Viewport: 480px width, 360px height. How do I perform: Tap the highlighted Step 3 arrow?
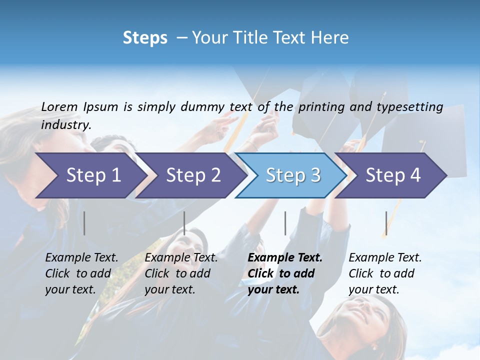pos(293,175)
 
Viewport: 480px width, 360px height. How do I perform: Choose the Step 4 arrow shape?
pos(393,175)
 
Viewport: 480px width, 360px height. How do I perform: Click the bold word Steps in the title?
pos(145,38)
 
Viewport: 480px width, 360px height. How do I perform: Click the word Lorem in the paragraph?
pos(59,106)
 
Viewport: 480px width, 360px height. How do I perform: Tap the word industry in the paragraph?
pos(65,124)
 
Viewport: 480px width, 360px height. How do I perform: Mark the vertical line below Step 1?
pos(84,223)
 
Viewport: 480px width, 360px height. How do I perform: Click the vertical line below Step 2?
pos(184,223)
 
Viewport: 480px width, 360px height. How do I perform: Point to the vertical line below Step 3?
pos(285,223)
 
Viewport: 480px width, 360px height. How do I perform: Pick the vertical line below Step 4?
pos(386,223)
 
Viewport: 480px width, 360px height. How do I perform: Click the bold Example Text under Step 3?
pos(285,258)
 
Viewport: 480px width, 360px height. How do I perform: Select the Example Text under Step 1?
pos(81,258)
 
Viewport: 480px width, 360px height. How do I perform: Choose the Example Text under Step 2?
pos(181,258)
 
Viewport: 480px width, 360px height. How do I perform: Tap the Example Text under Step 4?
pos(385,258)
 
